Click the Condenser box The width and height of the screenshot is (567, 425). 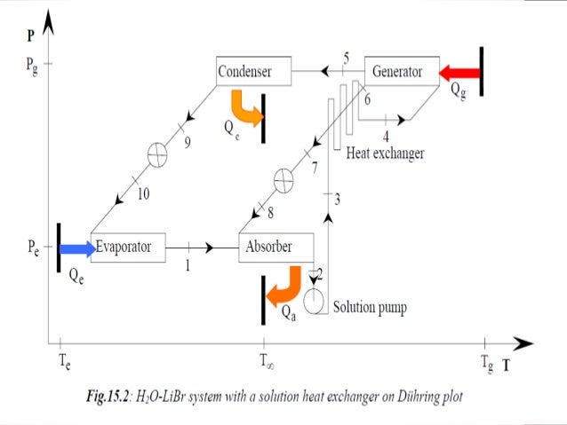(255, 71)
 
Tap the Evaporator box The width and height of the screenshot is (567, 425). (128, 247)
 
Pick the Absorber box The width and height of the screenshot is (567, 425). (276, 247)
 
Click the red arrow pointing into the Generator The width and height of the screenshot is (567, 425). (459, 72)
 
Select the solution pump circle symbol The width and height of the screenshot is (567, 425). (315, 301)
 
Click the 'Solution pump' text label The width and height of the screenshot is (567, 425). (370, 308)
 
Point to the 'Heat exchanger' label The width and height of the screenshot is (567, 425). (385, 153)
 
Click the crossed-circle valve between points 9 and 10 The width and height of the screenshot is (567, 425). (156, 153)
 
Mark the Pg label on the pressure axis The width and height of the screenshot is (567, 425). (32, 65)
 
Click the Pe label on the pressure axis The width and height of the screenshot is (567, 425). (31, 248)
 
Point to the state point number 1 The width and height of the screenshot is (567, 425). (188, 264)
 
